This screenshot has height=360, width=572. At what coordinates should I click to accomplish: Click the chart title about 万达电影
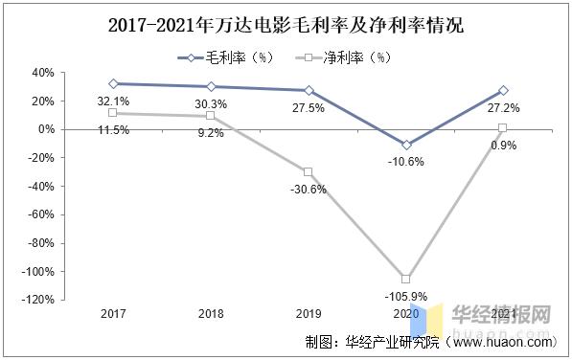(x=286, y=24)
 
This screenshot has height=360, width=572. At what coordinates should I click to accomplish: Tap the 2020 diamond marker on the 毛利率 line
(x=406, y=145)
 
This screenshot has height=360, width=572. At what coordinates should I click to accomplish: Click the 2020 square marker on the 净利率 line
(x=406, y=279)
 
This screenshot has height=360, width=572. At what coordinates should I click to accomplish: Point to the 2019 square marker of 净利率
(x=308, y=172)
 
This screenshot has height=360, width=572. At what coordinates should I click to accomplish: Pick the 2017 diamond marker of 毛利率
(x=113, y=84)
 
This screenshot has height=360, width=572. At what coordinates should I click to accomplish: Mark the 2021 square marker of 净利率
(x=502, y=128)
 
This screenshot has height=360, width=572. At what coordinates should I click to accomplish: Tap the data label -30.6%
(x=308, y=189)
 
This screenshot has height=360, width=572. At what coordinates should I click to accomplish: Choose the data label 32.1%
(x=113, y=100)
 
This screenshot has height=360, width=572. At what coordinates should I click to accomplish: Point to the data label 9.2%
(x=210, y=133)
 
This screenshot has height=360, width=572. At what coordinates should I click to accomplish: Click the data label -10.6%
(x=406, y=161)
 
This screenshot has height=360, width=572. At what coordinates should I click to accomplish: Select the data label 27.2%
(x=502, y=109)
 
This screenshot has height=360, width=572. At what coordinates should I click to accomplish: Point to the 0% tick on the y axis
(x=44, y=129)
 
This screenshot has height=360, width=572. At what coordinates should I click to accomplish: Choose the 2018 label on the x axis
(x=210, y=313)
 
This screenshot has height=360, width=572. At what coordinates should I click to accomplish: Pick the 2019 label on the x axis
(x=308, y=313)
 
